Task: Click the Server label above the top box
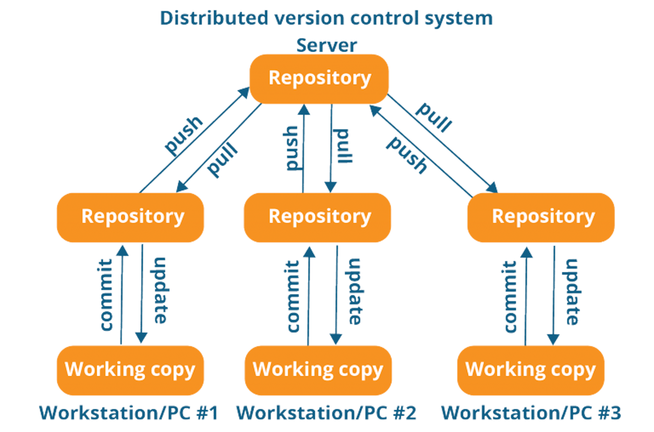click(x=326, y=45)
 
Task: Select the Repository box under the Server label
click(x=319, y=79)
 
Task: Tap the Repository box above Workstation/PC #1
click(x=130, y=217)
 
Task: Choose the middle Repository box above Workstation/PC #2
click(x=317, y=217)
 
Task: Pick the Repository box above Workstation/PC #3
click(x=541, y=217)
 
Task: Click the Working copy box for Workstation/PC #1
click(x=130, y=370)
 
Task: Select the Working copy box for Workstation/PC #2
click(x=318, y=370)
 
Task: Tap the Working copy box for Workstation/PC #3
click(x=531, y=370)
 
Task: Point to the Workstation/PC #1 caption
click(x=129, y=413)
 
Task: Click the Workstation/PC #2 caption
click(x=326, y=413)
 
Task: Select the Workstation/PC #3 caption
click(x=531, y=413)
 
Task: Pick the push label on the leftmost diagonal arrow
click(x=183, y=135)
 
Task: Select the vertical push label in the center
click(x=292, y=148)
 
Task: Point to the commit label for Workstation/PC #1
click(x=106, y=295)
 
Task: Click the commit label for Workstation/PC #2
click(x=293, y=296)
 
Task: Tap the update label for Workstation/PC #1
click(x=160, y=290)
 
